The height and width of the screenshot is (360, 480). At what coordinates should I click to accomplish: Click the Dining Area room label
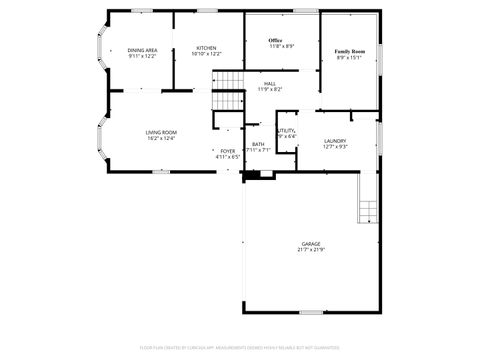point(143,49)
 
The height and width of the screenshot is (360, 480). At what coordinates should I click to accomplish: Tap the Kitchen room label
point(206,48)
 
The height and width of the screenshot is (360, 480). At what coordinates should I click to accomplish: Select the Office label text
point(275,40)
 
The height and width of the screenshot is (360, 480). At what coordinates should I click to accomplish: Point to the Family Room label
point(349,50)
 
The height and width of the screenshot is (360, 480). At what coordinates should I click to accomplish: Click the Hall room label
point(270,84)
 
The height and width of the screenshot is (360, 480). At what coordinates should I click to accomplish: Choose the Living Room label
point(161,132)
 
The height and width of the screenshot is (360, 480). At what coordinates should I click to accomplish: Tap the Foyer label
point(228,151)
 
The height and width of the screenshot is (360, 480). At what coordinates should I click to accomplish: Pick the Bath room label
point(258,145)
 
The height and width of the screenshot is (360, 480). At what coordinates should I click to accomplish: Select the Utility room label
point(286,131)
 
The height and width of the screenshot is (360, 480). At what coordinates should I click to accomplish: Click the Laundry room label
point(335,141)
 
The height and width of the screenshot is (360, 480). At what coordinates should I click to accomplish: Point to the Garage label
point(311,244)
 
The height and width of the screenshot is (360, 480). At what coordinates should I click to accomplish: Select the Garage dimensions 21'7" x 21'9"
point(311,250)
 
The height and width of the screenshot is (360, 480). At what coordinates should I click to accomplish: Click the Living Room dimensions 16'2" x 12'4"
point(161,138)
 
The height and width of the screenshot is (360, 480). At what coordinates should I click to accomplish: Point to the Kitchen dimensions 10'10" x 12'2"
point(206,54)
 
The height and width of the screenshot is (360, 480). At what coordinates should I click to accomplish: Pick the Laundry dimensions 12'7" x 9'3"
point(335,147)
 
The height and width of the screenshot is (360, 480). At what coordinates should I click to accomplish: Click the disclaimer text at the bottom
point(240,347)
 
